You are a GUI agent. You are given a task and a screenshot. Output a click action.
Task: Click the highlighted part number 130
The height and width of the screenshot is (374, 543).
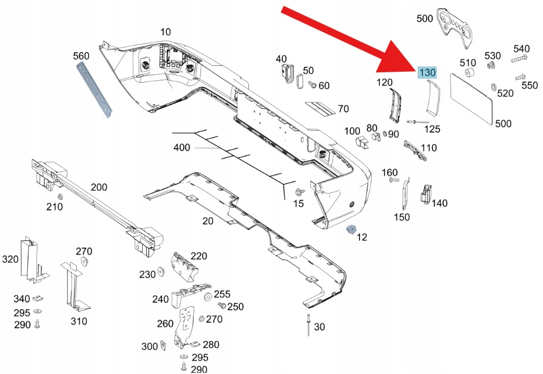coord(427,72)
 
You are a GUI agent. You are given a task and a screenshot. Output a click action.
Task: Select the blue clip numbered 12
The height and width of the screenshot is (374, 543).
coord(349,229)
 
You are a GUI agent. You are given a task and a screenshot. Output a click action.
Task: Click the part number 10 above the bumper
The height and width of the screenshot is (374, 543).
coord(166,32)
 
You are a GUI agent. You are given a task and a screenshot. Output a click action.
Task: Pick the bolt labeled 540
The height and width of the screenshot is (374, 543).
coord(519,59)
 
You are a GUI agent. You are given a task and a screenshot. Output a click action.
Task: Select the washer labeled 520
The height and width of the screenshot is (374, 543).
coord(494,88)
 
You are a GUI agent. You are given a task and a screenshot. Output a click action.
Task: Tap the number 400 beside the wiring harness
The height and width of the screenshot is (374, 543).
coord(181,148)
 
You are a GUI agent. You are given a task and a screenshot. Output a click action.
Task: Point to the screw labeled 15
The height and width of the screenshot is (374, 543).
coord(299,191)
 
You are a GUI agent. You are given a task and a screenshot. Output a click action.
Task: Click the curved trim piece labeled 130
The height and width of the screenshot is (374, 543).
coord(432,98)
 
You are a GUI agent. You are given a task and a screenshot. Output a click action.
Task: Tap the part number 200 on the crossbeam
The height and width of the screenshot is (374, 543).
coord(99,187)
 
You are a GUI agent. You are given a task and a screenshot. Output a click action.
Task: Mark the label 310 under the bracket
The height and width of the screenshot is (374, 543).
coord(79,321)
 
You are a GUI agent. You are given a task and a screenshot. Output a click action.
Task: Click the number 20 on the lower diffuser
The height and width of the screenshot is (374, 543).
coord(208,221)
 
